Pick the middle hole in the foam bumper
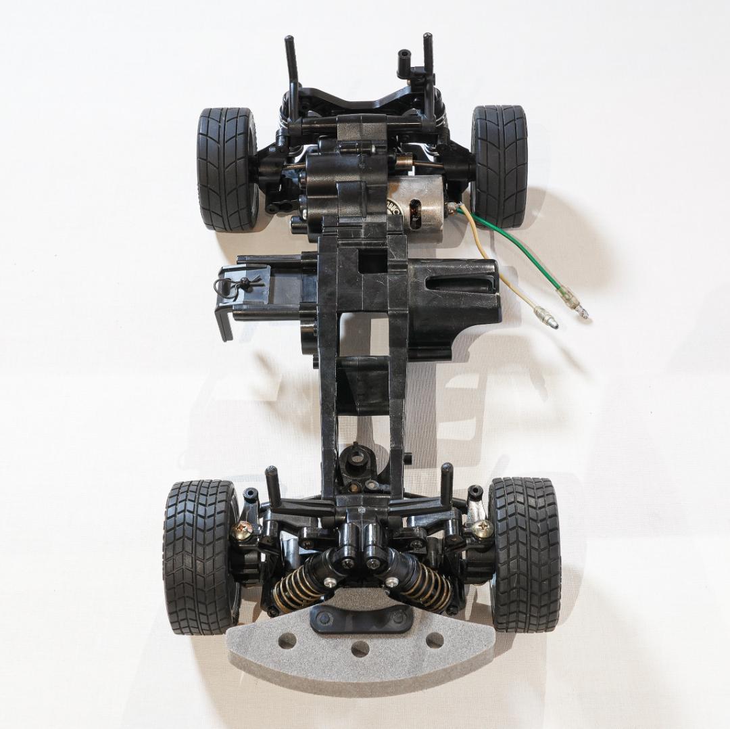(x=360, y=649)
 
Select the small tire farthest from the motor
(x=226, y=169)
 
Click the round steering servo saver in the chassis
(x=356, y=461)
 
